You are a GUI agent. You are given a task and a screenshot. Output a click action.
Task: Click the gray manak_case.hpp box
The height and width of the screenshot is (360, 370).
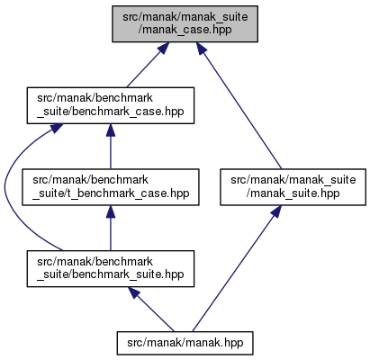185,23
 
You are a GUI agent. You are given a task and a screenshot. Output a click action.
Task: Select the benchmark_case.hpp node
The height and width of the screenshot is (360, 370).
111,105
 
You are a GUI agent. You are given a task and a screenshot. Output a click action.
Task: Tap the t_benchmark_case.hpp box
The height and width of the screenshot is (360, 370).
111,187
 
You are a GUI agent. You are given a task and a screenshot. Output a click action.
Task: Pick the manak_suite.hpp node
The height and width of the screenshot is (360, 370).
293,187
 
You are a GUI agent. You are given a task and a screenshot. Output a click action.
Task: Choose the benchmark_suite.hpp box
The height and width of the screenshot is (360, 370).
111,269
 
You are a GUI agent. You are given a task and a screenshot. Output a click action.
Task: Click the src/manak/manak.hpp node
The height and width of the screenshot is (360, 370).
185,343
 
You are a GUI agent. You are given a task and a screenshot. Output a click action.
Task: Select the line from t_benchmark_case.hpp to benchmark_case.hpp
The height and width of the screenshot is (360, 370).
111,147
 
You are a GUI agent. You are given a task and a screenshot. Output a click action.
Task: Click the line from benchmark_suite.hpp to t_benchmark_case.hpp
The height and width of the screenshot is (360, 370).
111,228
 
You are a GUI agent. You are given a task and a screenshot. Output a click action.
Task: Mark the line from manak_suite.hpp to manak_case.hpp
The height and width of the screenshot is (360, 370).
239,105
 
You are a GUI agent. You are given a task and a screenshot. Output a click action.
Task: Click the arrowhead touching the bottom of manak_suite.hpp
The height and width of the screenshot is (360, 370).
275,211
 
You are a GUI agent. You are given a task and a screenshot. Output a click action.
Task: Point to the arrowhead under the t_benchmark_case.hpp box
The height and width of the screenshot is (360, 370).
111,211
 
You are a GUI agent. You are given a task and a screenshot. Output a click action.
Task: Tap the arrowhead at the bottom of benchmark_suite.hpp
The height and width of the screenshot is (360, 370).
134,292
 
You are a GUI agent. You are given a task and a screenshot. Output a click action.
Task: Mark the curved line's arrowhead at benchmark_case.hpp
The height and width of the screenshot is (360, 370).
57,128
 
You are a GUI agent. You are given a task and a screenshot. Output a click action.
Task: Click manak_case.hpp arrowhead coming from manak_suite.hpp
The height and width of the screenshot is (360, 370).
202,49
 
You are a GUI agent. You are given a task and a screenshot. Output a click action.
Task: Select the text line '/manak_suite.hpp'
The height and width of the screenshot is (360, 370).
293,193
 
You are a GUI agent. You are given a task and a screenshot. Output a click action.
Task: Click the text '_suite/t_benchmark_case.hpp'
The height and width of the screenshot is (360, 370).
111,193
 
